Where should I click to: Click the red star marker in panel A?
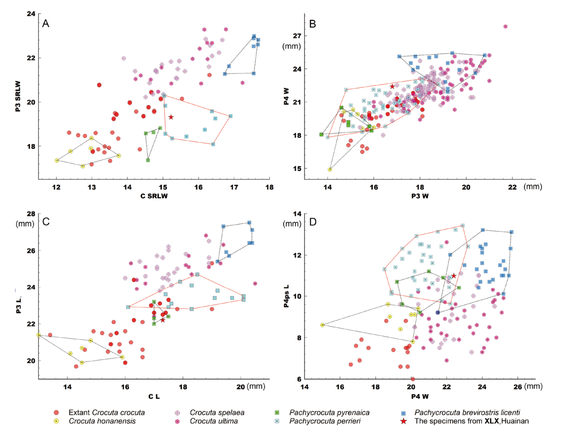coord(171,117)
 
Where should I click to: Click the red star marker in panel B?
coord(392,86)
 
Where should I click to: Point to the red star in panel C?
coord(162,320)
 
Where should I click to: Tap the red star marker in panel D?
coord(454,276)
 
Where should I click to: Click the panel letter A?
coord(45,24)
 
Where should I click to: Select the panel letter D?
coord(313,222)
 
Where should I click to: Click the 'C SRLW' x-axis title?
coord(154,196)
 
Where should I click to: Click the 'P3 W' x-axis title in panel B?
coord(420,196)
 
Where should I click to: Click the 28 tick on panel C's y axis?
coord(30,214)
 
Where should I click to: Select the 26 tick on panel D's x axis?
coord(517,387)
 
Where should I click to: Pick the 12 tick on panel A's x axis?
coord(56,187)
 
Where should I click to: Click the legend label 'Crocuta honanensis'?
coord(102,421)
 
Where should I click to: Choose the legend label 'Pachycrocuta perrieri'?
coord(324,421)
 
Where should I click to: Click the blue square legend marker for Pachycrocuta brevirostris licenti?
coord(403,413)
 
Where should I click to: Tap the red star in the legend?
coord(403,421)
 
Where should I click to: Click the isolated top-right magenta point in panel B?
coord(505,26)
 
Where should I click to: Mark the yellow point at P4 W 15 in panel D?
coord(322,325)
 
